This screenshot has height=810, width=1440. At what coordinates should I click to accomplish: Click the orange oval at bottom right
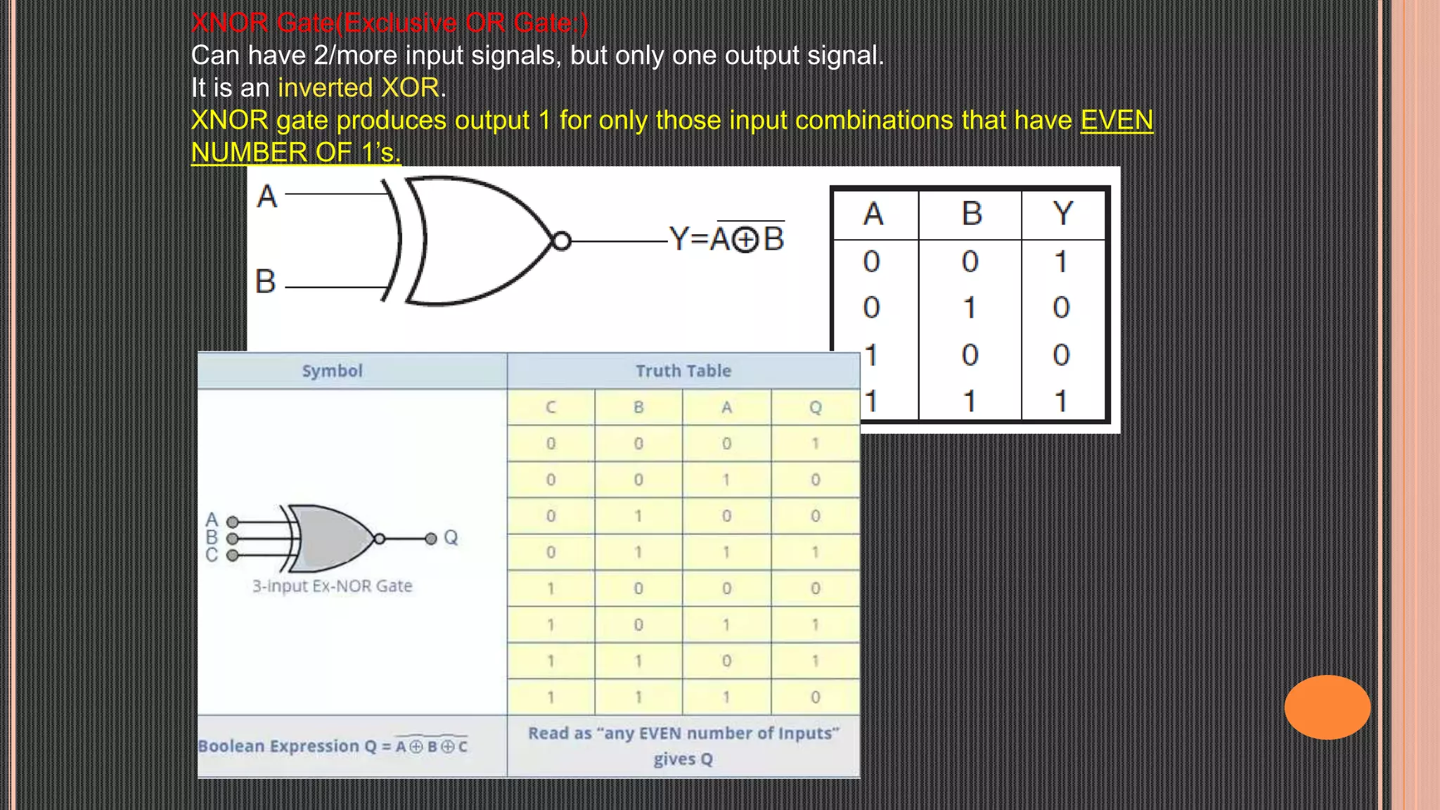coord(1327,707)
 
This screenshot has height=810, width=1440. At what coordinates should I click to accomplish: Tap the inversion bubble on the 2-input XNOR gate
coord(561,241)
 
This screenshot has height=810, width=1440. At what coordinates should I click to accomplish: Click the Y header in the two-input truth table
coord(1062,213)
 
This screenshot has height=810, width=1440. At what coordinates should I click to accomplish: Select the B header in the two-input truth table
coord(971,213)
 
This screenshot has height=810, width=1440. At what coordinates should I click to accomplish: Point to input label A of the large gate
coord(266,196)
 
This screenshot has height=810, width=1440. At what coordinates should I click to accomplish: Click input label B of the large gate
coord(265,281)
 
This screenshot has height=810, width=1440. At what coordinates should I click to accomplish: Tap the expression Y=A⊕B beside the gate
coord(726,238)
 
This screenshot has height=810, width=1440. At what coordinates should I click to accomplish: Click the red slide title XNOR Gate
coord(390,22)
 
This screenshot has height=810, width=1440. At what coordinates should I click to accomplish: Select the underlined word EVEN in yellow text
coord(1116,120)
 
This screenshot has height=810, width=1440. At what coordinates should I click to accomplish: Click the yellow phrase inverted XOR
coord(359,88)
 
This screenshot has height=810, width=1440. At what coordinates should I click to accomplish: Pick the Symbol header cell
coord(332,371)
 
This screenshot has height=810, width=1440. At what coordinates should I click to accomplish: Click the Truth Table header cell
coord(683,371)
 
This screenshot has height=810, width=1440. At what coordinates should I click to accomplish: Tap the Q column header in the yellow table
coord(815,407)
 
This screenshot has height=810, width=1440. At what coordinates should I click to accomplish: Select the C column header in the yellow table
coord(551,407)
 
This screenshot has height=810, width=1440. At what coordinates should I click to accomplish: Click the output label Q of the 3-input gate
coord(451,538)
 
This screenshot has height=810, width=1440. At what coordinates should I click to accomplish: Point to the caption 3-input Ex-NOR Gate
coord(332,586)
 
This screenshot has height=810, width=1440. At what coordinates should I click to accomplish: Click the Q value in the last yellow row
coord(815,697)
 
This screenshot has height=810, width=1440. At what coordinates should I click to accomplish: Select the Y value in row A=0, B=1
coord(1061,307)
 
